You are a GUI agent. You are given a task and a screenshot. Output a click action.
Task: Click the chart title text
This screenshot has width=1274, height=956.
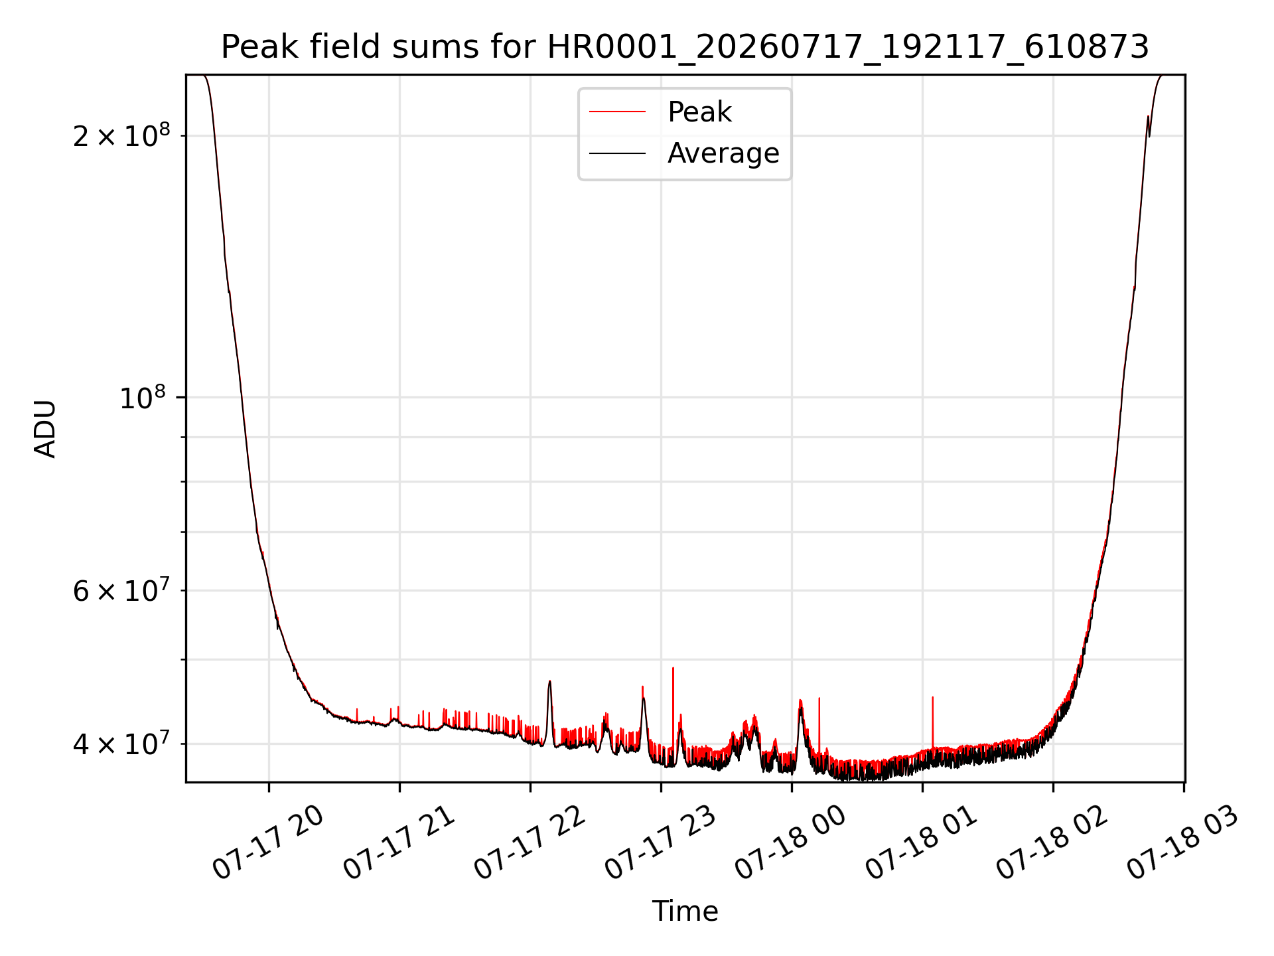[685, 47]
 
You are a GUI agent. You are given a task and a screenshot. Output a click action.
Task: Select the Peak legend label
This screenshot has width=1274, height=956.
[699, 112]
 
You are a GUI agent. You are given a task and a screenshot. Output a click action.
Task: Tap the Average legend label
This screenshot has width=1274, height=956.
[723, 153]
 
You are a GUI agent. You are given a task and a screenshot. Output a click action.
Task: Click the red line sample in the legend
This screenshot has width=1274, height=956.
[617, 112]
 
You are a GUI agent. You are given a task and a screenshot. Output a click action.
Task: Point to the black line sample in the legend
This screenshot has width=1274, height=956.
[617, 153]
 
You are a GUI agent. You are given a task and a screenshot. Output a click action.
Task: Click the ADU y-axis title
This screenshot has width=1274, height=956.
[44, 429]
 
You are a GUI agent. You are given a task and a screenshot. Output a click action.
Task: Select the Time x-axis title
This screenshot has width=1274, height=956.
[685, 912]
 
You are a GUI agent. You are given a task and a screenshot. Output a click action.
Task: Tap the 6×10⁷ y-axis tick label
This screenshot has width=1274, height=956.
[121, 590]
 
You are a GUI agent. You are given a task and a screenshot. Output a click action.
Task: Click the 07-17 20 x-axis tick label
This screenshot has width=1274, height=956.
[268, 842]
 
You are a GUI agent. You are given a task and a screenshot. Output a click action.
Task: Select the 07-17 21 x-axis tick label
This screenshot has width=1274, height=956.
[399, 842]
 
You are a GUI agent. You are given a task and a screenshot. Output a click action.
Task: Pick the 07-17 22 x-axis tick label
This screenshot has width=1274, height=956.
[530, 842]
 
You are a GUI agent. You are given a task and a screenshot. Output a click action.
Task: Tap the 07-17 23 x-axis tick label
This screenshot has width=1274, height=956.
[660, 842]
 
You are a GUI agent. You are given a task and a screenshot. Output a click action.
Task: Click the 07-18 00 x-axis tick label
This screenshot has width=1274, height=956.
[791, 842]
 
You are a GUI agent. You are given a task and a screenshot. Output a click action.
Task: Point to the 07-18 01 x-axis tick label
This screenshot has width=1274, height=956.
[922, 842]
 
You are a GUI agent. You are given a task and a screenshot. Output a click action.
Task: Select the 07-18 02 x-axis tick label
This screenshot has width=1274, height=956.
[1052, 842]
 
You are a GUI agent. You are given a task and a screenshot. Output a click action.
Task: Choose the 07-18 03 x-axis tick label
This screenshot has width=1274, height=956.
[1183, 842]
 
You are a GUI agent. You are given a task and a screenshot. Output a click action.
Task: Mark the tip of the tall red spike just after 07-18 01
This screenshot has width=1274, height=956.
[933, 697]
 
